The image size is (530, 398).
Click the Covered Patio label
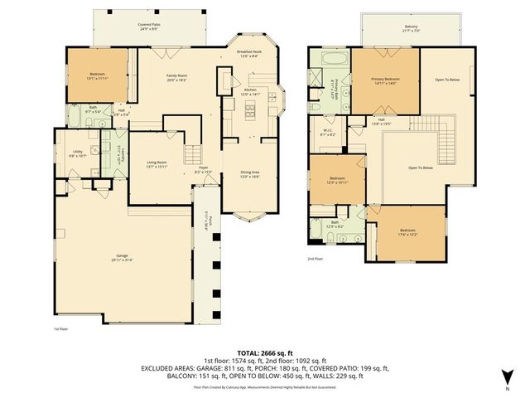pyautogui.click(x=149, y=27)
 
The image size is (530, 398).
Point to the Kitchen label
pyautogui.click(x=250, y=91)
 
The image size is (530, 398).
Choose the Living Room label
pyautogui.click(x=157, y=164)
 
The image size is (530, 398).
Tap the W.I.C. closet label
pyautogui.click(x=328, y=133)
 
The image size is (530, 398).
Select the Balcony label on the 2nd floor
pyautogui.click(x=412, y=28)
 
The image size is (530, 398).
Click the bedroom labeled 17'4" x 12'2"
pyautogui.click(x=406, y=232)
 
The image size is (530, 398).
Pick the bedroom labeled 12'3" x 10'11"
pyautogui.click(x=337, y=180)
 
